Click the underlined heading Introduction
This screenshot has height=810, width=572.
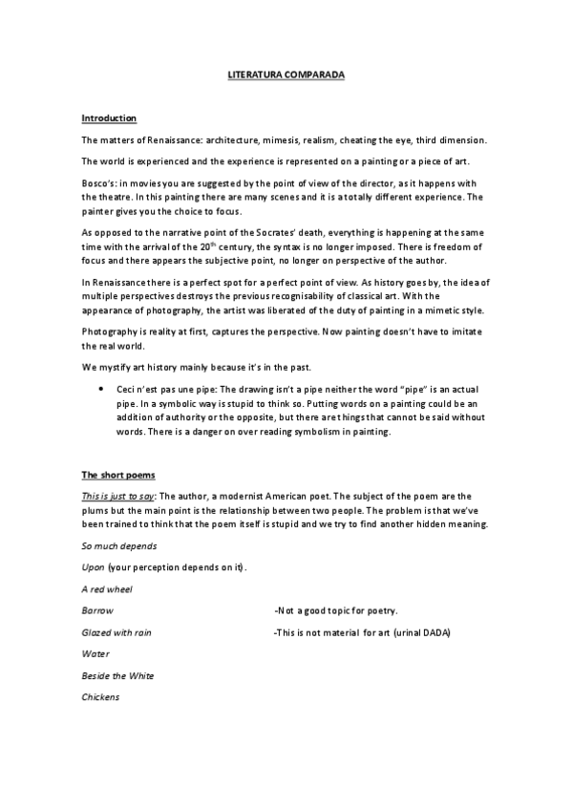pyautogui.click(x=109, y=117)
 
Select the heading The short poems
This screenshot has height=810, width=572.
pyautogui.click(x=117, y=475)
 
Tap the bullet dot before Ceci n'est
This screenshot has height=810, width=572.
pyautogui.click(x=101, y=391)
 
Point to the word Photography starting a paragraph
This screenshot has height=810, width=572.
pyautogui.click(x=107, y=330)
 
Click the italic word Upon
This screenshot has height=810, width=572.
pyautogui.click(x=94, y=567)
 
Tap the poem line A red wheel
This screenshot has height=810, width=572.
pyautogui.click(x=108, y=589)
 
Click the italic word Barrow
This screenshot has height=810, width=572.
pyautogui.click(x=97, y=610)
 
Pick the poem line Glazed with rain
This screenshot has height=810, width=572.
pyautogui.click(x=117, y=632)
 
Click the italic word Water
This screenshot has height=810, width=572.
pyautogui.click(x=95, y=653)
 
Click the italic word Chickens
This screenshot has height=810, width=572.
pyautogui.click(x=100, y=696)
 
